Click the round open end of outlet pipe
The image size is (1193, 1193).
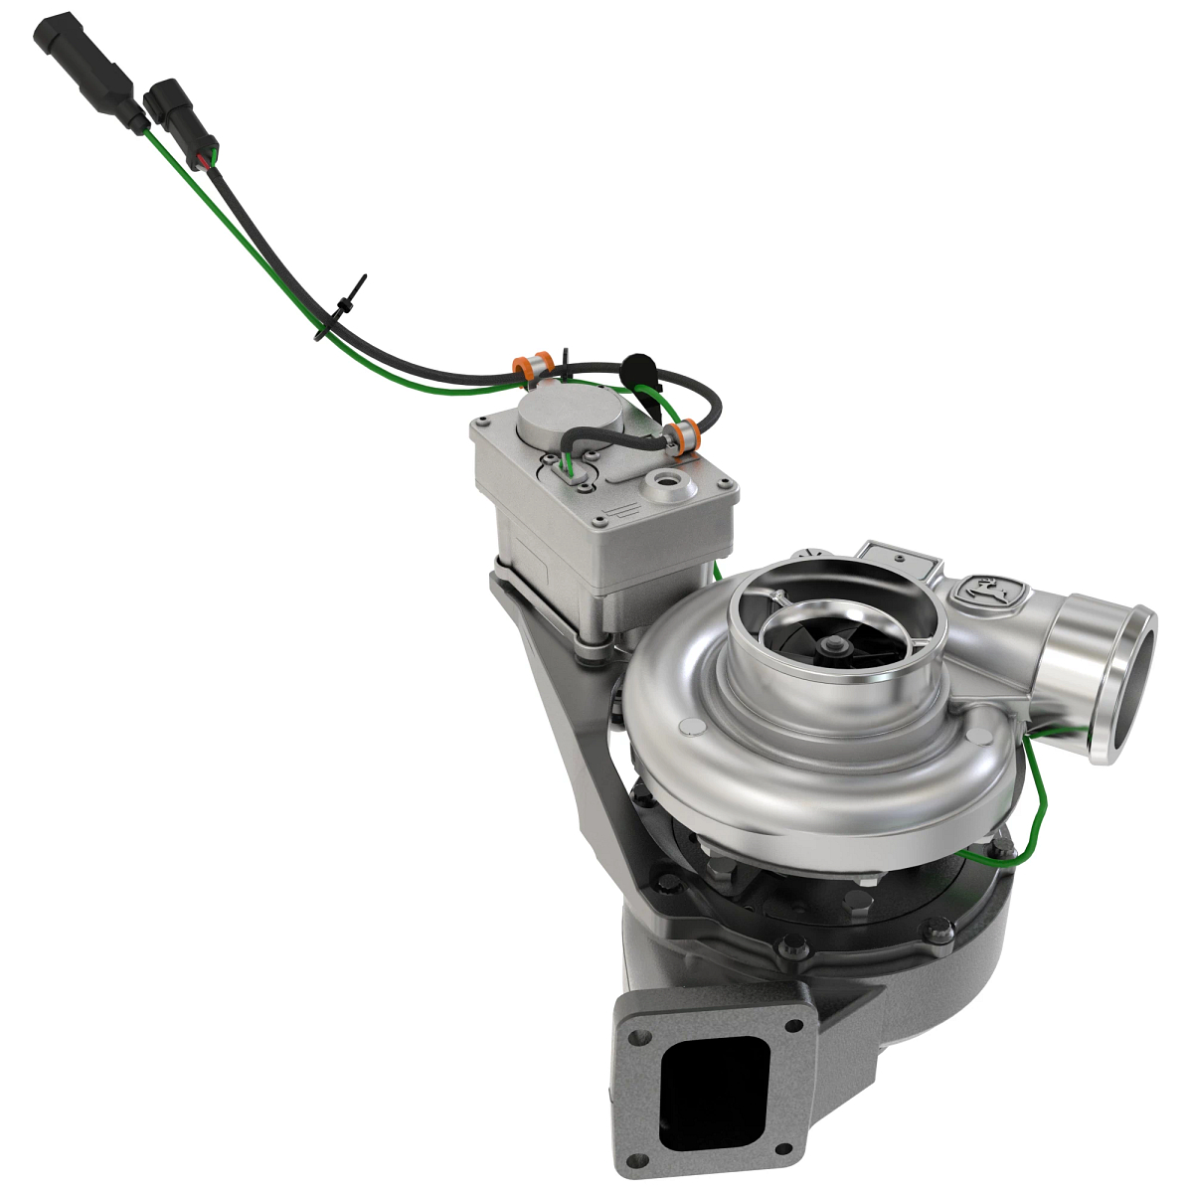(1126, 685)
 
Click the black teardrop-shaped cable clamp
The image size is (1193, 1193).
(638, 366)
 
